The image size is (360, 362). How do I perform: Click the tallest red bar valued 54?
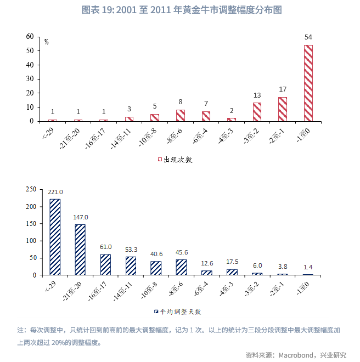point(308,83)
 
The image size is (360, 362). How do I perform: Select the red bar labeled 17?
point(283,109)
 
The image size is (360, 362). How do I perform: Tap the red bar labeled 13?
point(257,112)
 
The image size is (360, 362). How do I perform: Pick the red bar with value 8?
point(180,115)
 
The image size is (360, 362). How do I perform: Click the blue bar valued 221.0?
point(55,236)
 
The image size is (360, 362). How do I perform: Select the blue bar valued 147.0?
point(80,250)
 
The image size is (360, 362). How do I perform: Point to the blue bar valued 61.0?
point(105,264)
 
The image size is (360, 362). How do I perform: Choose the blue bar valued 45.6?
point(181,267)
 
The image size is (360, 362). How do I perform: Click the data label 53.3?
point(131,250)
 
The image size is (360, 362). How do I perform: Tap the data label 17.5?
point(232,262)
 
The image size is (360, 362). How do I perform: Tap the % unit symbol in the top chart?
point(47,42)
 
